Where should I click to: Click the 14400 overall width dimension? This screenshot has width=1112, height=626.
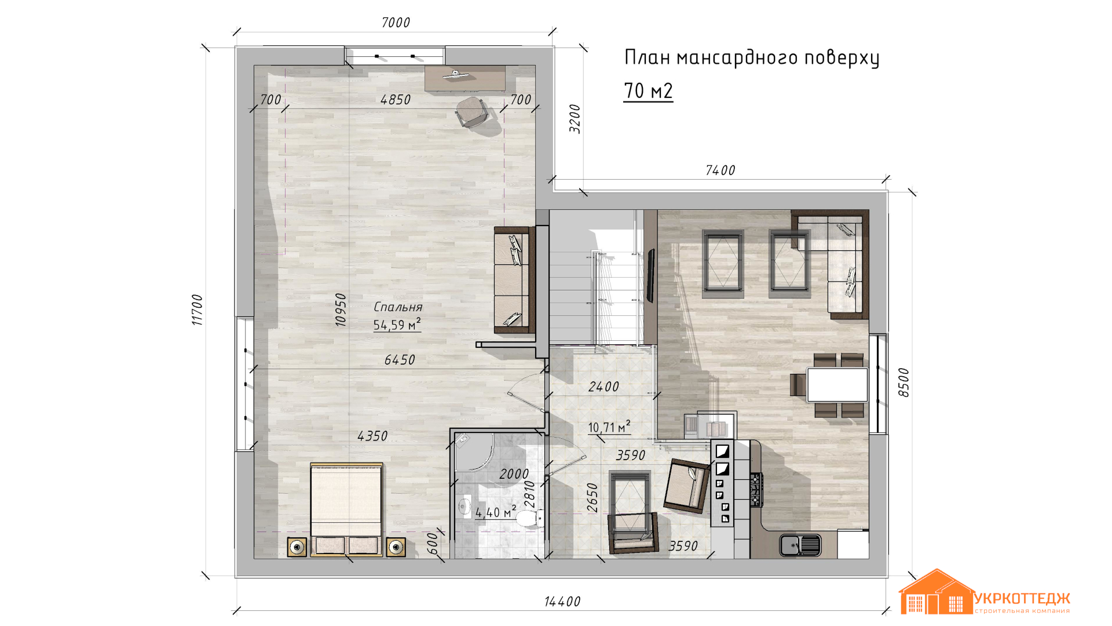point(562,602)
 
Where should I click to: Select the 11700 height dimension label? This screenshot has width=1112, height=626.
point(197,310)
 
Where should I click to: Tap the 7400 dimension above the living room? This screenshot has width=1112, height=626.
point(720,170)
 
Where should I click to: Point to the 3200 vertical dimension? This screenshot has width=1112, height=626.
point(575,119)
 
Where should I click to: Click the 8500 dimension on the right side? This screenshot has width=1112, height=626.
point(904,383)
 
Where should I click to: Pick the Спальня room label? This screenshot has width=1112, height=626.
point(398,307)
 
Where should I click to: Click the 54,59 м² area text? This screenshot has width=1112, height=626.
point(397,325)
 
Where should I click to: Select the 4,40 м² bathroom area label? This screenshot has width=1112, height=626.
point(496,512)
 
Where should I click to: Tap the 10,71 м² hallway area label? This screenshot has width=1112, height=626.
point(609,427)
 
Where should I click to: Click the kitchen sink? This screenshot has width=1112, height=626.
point(800,545)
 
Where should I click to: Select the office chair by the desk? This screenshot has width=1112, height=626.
point(472,112)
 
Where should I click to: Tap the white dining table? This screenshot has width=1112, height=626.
point(837,384)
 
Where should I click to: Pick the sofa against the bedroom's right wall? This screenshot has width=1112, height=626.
point(514,279)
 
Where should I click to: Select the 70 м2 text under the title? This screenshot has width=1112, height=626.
point(648,91)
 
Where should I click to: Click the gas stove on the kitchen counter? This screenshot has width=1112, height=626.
point(755,490)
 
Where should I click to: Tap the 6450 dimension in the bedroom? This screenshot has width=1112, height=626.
point(400,360)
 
